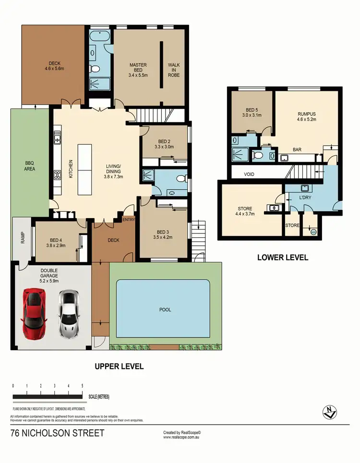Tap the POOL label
pyautogui.click(x=165, y=310)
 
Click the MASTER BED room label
pyautogui.click(x=138, y=68)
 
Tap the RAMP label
pyautogui.click(x=23, y=238)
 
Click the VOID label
pyautogui.click(x=249, y=175)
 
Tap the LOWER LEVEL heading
pyautogui.click(x=283, y=257)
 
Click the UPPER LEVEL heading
pyautogui.click(x=119, y=366)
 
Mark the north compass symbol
pyautogui.click(x=330, y=411)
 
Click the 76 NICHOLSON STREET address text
pyautogui.click(x=57, y=433)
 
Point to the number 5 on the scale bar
pyautogui.click(x=83, y=386)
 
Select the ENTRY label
pyautogui.click(x=129, y=219)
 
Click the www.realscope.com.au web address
pyautogui.click(x=181, y=438)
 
